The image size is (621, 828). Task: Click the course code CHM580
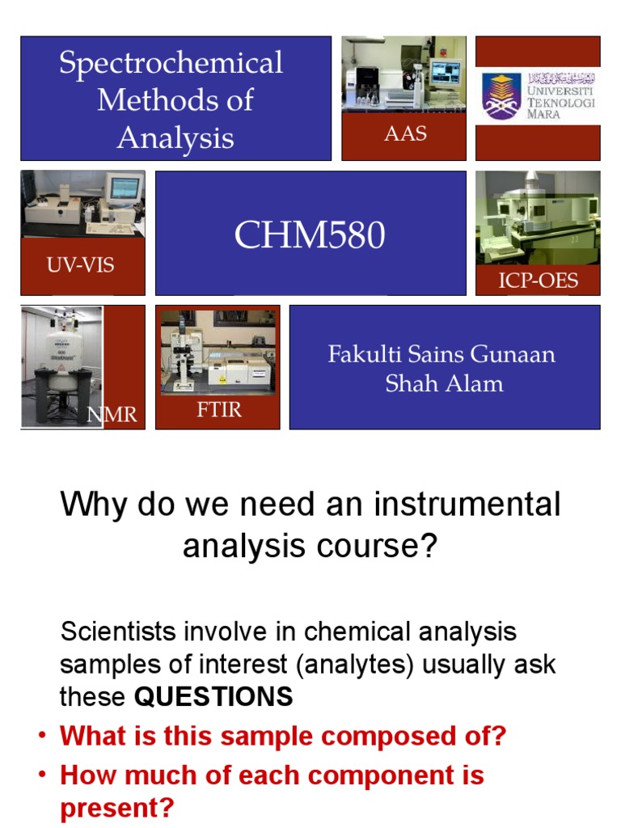pyautogui.click(x=310, y=235)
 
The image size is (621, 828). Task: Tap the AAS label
pyautogui.click(x=405, y=134)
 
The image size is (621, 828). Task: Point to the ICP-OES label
pyautogui.click(x=538, y=280)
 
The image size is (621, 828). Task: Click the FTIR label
pyautogui.click(x=219, y=409)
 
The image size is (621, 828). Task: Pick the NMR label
pyautogui.click(x=112, y=416)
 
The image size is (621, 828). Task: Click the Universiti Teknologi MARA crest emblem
pyautogui.click(x=502, y=95)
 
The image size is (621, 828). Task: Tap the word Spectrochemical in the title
pyautogui.click(x=171, y=63)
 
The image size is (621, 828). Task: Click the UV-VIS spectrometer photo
pyautogui.click(x=82, y=205)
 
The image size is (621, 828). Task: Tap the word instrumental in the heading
pyautogui.click(x=467, y=505)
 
